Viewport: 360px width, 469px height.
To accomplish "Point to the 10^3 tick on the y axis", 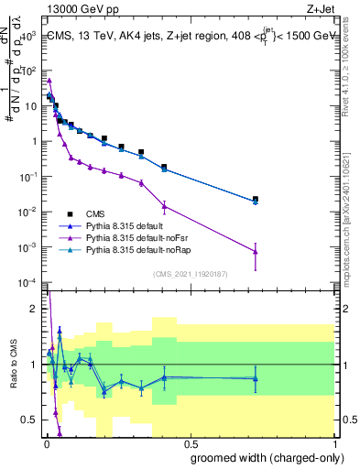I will (29, 35).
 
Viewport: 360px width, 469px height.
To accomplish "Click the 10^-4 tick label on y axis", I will (27, 282).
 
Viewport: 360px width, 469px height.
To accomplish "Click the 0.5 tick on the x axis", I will (189, 444).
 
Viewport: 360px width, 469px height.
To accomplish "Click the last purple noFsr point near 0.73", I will (256, 251).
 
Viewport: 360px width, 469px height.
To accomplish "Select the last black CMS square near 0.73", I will (256, 199).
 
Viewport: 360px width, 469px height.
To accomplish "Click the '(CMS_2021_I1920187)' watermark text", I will (191, 273).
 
